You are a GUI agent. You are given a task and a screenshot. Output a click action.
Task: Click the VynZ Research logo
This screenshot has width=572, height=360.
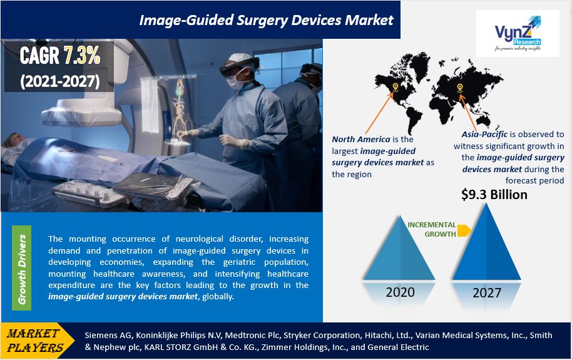click(518, 33)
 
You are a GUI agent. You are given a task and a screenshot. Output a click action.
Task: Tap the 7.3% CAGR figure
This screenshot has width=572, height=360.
click(82, 56)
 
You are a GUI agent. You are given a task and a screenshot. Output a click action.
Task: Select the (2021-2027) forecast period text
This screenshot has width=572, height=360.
click(60, 81)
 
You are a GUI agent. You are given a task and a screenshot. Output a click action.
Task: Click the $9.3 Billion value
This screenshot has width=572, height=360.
click(494, 194)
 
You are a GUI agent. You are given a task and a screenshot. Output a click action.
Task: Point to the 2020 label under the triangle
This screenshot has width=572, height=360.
click(400, 292)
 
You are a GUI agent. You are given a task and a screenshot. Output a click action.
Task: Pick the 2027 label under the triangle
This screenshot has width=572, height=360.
click(487, 293)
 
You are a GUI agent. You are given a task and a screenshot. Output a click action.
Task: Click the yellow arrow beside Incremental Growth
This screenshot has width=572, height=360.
click(464, 230)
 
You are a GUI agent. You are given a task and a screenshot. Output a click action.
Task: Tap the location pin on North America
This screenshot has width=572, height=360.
click(395, 87)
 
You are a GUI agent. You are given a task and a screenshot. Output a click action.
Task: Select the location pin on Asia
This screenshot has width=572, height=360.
click(459, 88)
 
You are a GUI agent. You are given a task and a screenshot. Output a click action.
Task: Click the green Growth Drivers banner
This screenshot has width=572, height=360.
click(21, 268)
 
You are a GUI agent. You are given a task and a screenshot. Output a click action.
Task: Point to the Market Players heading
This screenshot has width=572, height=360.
click(34, 341)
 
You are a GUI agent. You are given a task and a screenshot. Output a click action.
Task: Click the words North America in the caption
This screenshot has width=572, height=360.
click(360, 139)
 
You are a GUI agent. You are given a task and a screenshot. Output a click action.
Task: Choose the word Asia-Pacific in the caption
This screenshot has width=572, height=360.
click(484, 135)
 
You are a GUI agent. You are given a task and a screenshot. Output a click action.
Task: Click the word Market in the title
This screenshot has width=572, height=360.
click(369, 20)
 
